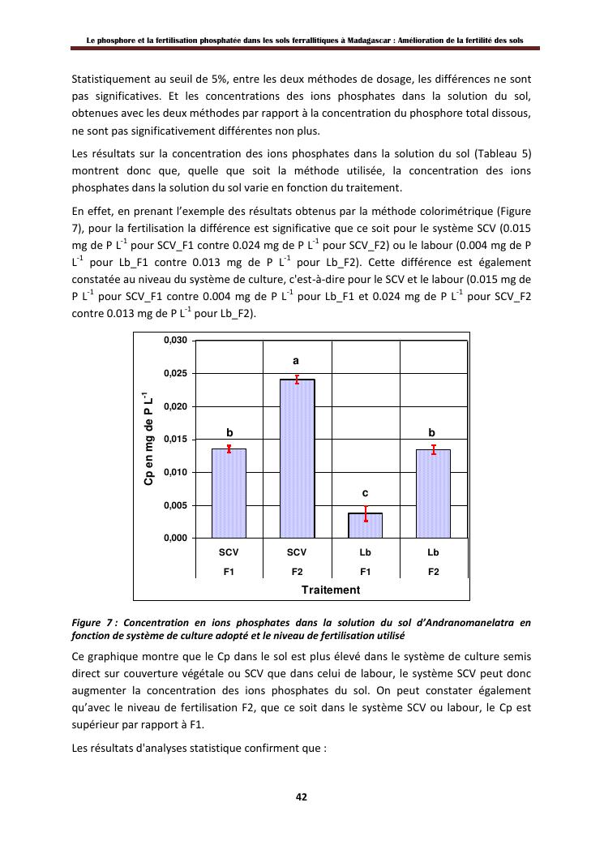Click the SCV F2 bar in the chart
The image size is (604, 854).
[x=297, y=458]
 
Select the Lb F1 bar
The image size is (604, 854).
[x=365, y=526]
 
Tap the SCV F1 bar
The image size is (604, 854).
[x=229, y=493]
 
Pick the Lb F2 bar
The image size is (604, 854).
[x=433, y=493]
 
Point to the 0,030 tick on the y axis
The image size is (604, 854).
[x=176, y=341]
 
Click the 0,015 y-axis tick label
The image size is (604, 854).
[x=176, y=440]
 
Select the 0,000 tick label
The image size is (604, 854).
[x=176, y=539]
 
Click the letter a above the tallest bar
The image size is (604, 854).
[x=297, y=360]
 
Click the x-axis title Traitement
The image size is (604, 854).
[x=331, y=590]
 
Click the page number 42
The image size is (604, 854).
[x=301, y=796]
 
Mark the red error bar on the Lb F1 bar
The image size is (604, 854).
[x=366, y=513]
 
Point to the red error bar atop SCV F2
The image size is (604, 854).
[x=298, y=379]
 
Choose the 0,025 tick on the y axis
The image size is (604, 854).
[x=176, y=374]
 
